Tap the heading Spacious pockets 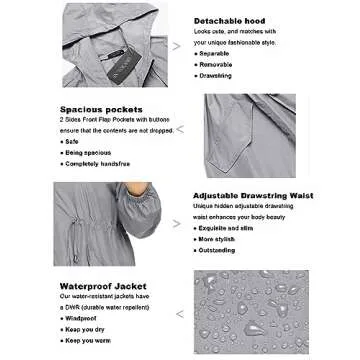click(x=102, y=109)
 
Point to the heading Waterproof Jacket click(x=98, y=285)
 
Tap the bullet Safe click(x=71, y=141)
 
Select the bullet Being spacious click(x=85, y=151)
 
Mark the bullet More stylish click(x=219, y=239)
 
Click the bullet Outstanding click(x=219, y=250)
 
